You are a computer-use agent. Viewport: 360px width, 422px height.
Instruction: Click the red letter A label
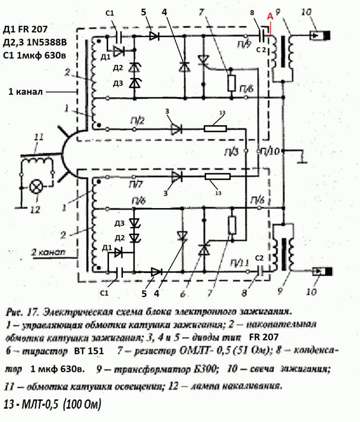(x=270, y=16)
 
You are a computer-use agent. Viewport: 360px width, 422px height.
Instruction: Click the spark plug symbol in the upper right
(x=321, y=35)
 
